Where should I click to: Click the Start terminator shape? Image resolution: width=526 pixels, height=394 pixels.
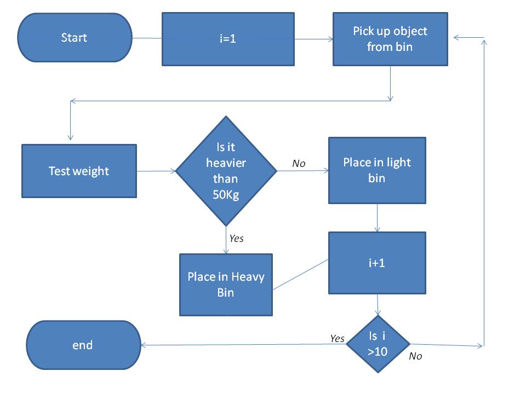(75, 38)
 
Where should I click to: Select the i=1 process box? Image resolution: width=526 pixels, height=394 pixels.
(228, 39)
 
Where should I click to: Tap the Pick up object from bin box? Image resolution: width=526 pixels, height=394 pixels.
(390, 39)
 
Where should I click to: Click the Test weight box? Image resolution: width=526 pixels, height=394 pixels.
(79, 171)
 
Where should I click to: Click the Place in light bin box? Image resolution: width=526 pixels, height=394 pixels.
(377, 170)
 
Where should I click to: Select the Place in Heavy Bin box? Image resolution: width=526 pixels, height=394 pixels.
(226, 285)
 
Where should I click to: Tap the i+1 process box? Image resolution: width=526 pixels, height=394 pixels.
(377, 263)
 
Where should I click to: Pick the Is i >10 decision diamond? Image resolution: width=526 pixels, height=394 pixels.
(378, 345)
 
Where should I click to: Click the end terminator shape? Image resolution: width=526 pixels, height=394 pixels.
(83, 345)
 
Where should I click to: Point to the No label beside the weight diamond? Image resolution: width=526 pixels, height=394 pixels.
(299, 163)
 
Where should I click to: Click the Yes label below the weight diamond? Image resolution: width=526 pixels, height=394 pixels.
(236, 239)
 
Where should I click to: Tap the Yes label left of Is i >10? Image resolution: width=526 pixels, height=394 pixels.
(338, 338)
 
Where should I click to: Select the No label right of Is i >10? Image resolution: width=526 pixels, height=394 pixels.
(416, 356)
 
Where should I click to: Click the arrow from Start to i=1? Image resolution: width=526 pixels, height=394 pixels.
(147, 38)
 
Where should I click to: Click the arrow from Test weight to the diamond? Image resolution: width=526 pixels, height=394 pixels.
(156, 171)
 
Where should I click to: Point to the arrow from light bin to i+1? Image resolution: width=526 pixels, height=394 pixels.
(378, 218)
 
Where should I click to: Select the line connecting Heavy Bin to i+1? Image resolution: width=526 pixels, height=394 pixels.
(300, 274)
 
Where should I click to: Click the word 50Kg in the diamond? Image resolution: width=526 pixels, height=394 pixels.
(226, 195)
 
